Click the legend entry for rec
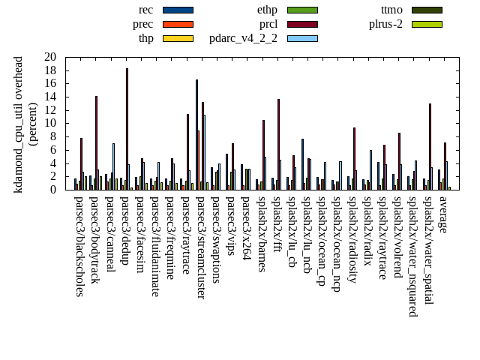coord(178,10)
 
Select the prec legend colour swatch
coord(178,24)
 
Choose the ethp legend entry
coord(302,10)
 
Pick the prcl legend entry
coord(302,24)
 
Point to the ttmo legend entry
coord(426,10)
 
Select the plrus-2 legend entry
coord(426,24)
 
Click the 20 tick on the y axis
coord(50,57)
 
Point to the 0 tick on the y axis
coord(53,190)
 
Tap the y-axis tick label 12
coord(50,110)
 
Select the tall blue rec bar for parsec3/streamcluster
coord(196,135)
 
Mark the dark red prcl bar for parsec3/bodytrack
coord(96,142)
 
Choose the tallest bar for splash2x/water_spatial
coord(430,146)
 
